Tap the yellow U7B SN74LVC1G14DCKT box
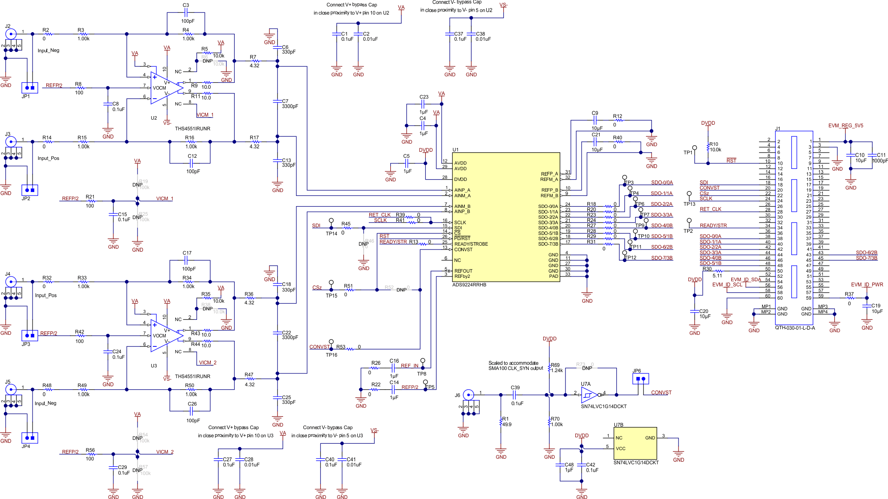click(x=635, y=443)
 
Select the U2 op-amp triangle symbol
click(x=165, y=88)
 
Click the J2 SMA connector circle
click(x=10, y=33)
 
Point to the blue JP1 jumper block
click(x=30, y=88)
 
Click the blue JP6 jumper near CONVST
click(x=640, y=379)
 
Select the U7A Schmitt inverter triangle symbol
click(x=589, y=394)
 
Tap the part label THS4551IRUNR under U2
click(x=192, y=128)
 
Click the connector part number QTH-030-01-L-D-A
click(x=795, y=328)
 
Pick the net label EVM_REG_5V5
click(x=845, y=126)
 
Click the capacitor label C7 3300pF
click(x=290, y=104)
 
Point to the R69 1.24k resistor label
click(x=556, y=368)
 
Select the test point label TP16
click(x=331, y=355)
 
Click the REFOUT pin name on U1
click(x=463, y=271)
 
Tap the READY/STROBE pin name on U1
click(x=471, y=244)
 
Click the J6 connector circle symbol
click(x=469, y=394)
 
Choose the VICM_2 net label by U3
click(x=207, y=362)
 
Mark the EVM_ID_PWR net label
click(x=867, y=285)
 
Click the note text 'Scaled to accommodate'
click(x=513, y=363)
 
